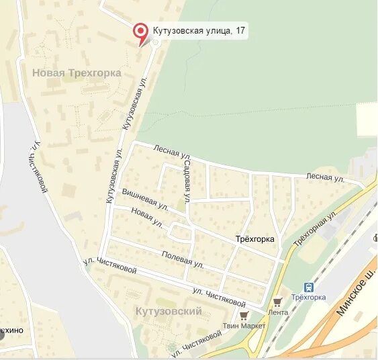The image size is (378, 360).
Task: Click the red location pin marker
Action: [140, 31]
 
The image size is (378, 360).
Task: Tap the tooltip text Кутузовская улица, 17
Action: [198, 30]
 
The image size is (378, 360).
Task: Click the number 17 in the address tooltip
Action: [239, 30]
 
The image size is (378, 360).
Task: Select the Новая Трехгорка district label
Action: [77, 73]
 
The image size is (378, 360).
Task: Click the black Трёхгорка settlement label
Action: [256, 239]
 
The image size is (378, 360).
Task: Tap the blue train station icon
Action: [309, 286]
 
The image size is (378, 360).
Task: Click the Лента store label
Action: [277, 312]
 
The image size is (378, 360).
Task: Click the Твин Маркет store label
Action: [246, 326]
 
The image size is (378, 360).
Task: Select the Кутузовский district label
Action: [169, 311]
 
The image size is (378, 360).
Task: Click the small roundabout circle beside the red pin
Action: [155, 42]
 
